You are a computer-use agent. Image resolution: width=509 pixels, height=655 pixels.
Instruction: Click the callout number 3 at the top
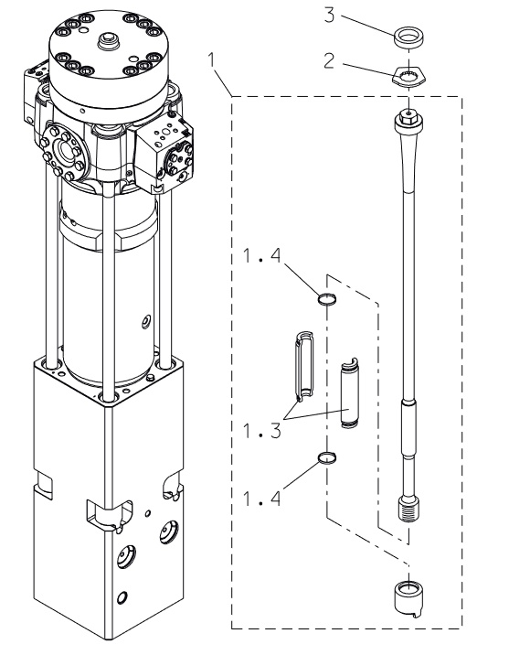pyautogui.click(x=330, y=16)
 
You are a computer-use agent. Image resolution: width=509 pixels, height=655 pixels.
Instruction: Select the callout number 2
pyautogui.click(x=329, y=61)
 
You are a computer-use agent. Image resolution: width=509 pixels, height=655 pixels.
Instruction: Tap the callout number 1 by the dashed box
pyautogui.click(x=212, y=60)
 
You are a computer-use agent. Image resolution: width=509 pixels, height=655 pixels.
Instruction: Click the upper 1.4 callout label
pyautogui.click(x=262, y=255)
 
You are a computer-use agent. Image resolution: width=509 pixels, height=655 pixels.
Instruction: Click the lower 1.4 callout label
pyautogui.click(x=262, y=499)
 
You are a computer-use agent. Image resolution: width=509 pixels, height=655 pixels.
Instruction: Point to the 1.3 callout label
pyautogui.click(x=262, y=431)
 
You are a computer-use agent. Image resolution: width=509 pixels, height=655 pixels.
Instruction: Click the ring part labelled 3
pyautogui.click(x=408, y=37)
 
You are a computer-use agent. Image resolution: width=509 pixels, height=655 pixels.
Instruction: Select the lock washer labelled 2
pyautogui.click(x=408, y=77)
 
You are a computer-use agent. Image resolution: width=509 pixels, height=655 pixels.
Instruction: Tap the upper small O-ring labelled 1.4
pyautogui.click(x=327, y=299)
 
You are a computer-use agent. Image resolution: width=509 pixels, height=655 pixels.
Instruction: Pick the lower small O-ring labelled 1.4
pyautogui.click(x=327, y=457)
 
